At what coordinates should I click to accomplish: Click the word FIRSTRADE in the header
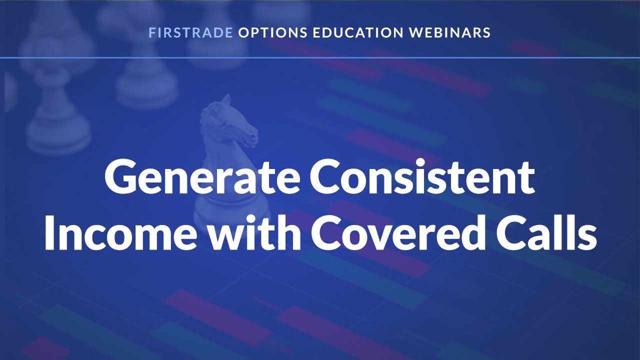click(190, 33)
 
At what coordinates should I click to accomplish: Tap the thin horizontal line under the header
click(320, 58)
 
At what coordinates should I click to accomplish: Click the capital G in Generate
click(120, 179)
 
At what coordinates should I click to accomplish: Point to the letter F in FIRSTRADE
click(151, 33)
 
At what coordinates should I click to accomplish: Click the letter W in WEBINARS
click(415, 33)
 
